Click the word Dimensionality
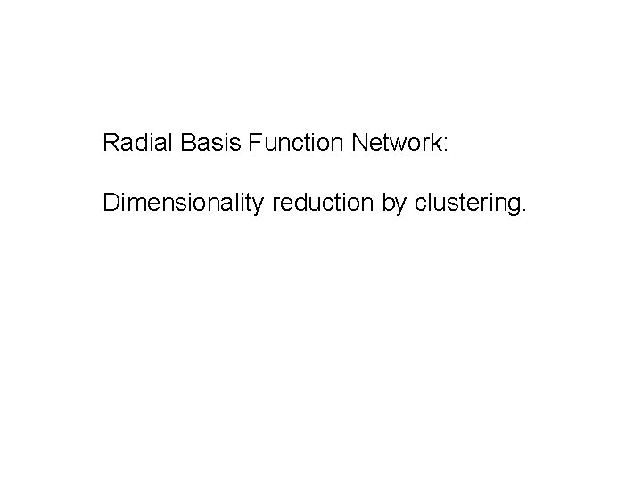(185, 204)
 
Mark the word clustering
(468, 205)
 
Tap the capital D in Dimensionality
(111, 204)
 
